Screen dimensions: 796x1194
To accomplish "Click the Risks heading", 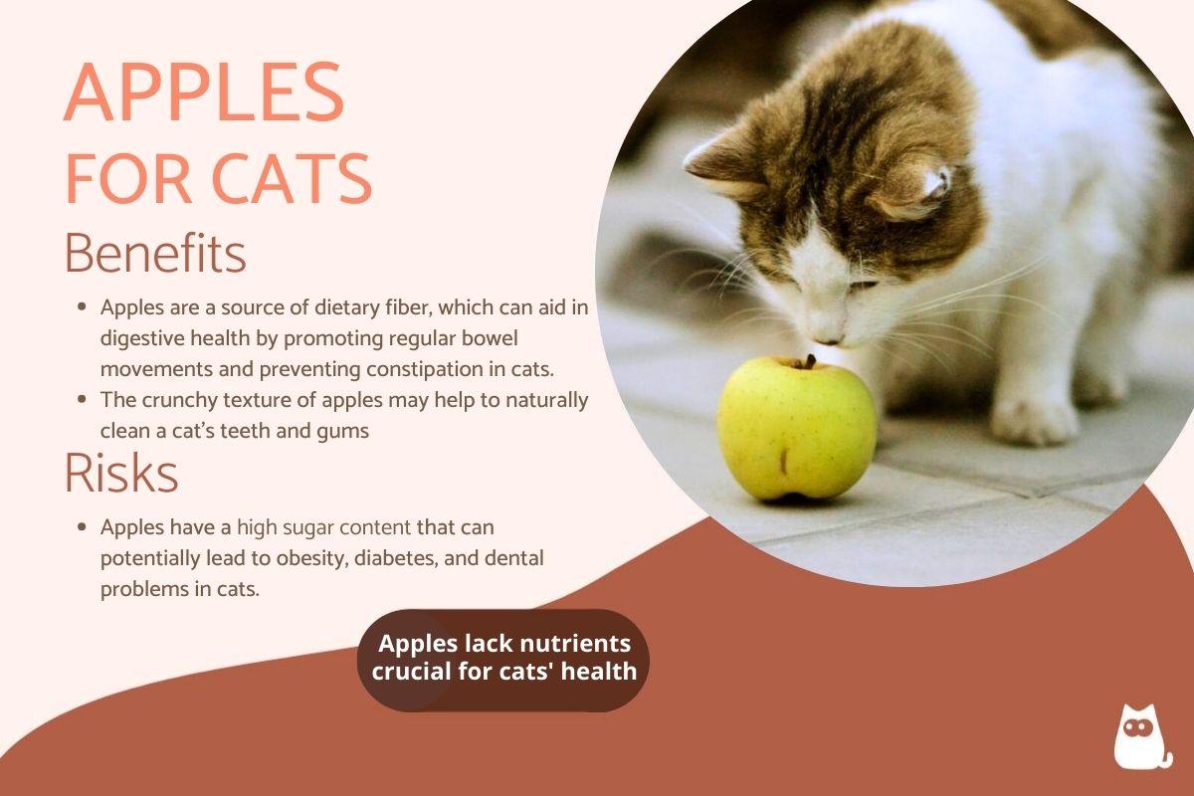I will (120, 473).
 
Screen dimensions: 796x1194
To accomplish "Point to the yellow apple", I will (796, 429).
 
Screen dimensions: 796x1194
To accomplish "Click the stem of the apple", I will (809, 362).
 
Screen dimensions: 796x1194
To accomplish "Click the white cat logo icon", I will (1143, 737).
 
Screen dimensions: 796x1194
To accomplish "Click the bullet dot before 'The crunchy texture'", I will (81, 400).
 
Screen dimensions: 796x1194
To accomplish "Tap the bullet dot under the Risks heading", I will (81, 525).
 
